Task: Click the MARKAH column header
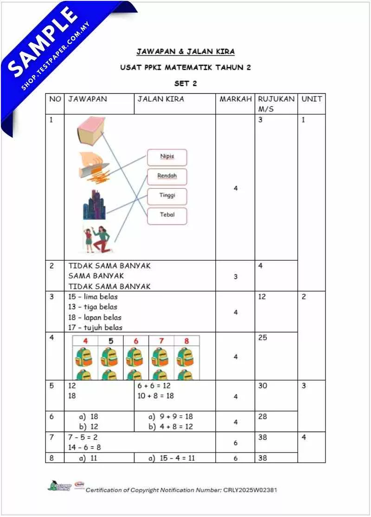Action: pos(235,99)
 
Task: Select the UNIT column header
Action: pos(311,99)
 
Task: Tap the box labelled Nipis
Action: pos(167,157)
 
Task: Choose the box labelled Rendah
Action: pos(167,176)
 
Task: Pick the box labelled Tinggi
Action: pos(167,196)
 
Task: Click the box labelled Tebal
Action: pos(167,215)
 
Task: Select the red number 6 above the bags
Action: pos(136,341)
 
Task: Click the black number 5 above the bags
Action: pos(110,341)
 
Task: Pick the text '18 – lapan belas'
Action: pos(95,317)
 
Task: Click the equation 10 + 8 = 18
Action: pos(156,395)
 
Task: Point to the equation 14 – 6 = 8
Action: pos(84,447)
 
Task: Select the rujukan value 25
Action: pos(263,338)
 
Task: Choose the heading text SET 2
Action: pos(185,84)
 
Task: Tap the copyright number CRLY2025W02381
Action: pos(250,490)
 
